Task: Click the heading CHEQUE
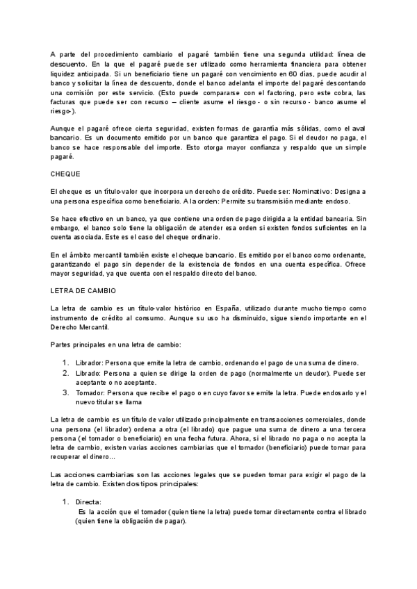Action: click(x=66, y=174)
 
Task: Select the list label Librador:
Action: click(x=89, y=363)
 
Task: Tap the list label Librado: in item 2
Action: click(x=88, y=373)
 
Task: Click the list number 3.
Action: click(x=65, y=393)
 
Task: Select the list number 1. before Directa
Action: click(x=65, y=501)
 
